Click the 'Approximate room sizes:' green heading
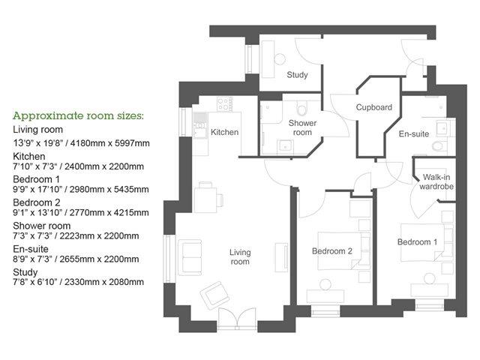[78, 116]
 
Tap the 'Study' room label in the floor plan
[297, 75]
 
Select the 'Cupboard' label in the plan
[373, 107]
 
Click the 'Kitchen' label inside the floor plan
[224, 133]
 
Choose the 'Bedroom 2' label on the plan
[331, 250]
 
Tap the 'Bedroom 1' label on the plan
[418, 242]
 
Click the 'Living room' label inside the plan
[239, 257]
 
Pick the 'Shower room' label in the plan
[302, 127]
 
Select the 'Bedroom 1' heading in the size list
[36, 179]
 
